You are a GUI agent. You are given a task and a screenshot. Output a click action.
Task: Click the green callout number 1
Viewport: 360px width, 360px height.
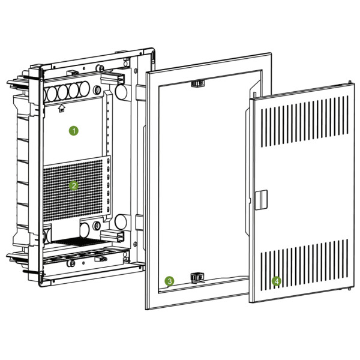click(x=74, y=131)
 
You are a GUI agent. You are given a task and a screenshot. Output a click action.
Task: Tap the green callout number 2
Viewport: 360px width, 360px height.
click(x=74, y=185)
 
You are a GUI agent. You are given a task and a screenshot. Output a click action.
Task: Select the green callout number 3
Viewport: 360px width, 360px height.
click(x=169, y=281)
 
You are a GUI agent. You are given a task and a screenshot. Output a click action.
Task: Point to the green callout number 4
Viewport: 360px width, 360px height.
click(x=277, y=281)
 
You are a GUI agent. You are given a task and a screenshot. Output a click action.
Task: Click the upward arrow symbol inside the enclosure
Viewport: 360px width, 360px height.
click(x=62, y=109)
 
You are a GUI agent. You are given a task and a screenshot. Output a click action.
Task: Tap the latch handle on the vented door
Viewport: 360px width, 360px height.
click(x=261, y=200)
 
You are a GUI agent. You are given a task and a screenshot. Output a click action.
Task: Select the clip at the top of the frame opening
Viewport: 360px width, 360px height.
click(x=197, y=83)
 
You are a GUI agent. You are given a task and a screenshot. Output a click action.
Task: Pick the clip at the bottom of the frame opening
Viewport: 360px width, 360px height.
click(x=197, y=277)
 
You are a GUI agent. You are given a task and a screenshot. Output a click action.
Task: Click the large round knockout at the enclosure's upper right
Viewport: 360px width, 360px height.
click(x=121, y=92)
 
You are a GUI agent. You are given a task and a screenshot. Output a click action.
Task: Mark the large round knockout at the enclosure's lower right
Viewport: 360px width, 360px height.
click(x=121, y=222)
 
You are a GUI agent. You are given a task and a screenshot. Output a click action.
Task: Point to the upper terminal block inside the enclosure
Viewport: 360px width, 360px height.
click(x=113, y=79)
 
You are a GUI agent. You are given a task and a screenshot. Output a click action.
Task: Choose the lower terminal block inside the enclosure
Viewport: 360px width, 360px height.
click(x=113, y=236)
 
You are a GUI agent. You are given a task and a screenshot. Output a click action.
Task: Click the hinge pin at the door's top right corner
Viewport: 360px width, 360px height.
click(x=350, y=82)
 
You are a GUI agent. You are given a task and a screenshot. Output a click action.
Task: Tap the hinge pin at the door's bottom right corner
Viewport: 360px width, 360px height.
click(x=349, y=289)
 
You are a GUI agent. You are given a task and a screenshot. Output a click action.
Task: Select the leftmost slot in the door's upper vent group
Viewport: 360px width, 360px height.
click(x=262, y=128)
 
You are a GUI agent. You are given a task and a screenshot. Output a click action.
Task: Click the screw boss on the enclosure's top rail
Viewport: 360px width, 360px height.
click(x=100, y=68)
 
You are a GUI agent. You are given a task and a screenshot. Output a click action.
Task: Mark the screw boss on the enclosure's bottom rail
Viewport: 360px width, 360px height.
click(x=70, y=263)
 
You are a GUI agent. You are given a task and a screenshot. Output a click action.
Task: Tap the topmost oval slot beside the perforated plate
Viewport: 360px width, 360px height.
click(x=108, y=161)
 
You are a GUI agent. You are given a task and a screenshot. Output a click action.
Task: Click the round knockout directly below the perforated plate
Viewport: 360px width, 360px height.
click(x=84, y=230)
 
